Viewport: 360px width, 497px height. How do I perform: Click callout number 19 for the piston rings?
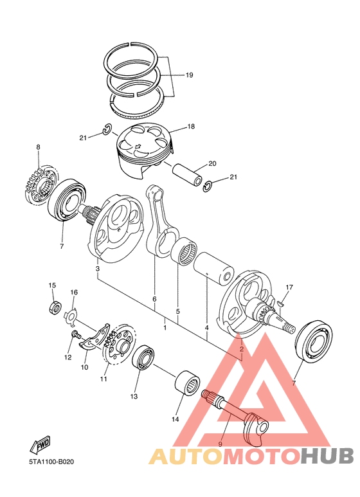[x=189, y=75]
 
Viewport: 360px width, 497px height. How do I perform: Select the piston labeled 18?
[x=143, y=150]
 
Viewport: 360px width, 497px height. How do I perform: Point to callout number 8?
[x=38, y=148]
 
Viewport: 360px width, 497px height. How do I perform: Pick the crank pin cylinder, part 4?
[x=212, y=268]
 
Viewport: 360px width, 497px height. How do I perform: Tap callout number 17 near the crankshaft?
[x=289, y=287]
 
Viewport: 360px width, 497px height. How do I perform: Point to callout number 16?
[x=74, y=293]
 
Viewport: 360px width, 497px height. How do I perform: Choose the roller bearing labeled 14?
[x=186, y=381]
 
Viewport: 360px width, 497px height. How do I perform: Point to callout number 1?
[x=165, y=328]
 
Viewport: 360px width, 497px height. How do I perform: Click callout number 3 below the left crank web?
[x=97, y=268]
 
